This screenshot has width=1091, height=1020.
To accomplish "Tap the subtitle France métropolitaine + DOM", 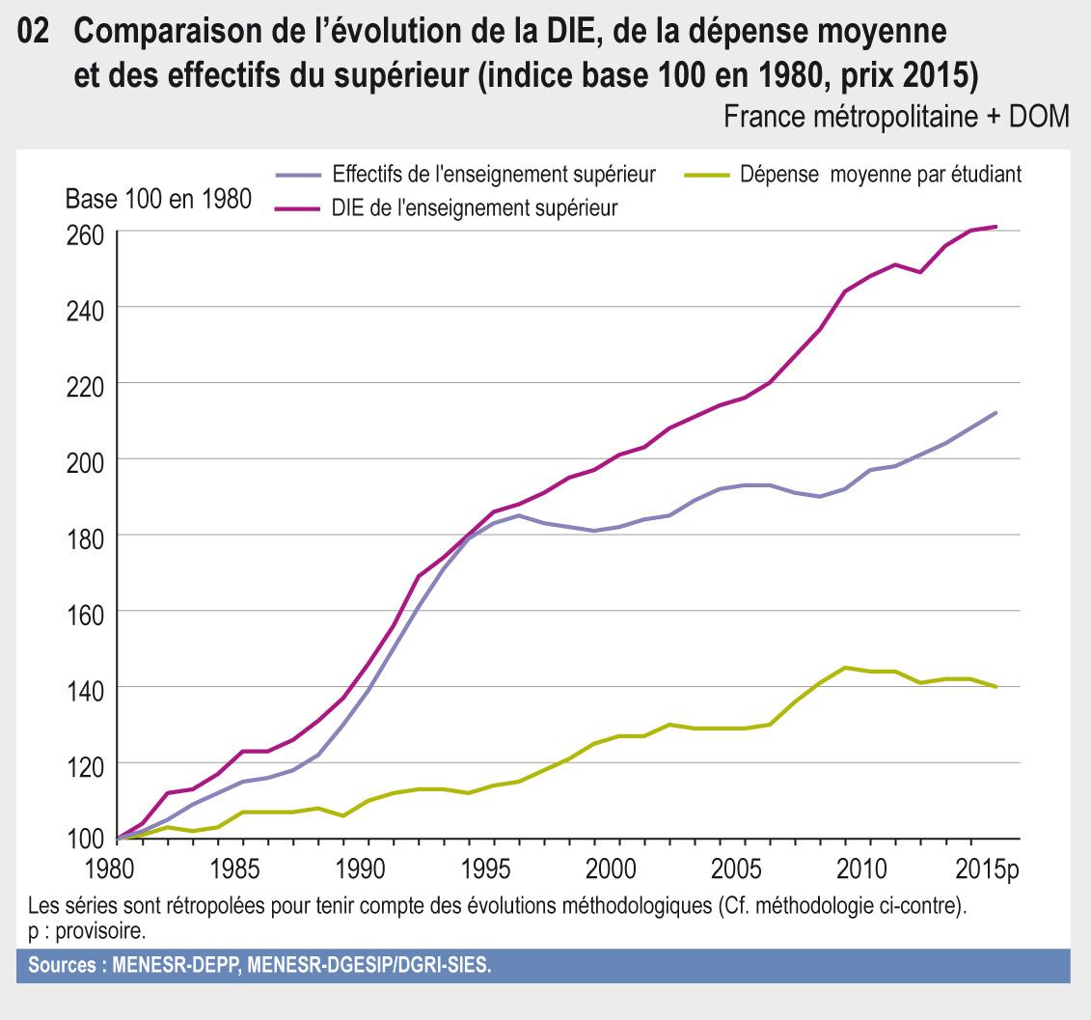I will (896, 116).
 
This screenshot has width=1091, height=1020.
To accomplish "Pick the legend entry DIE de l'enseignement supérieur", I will (474, 207).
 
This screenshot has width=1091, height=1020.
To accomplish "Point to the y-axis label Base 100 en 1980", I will (158, 201).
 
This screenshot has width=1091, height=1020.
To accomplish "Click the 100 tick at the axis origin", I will (83, 840).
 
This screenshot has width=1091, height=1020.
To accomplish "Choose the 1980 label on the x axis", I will (118, 868).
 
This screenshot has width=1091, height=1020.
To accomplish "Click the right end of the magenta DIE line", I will (995, 227).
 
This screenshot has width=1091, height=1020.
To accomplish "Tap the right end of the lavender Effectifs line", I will (995, 413).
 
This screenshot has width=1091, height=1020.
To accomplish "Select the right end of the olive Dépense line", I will (995, 686).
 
